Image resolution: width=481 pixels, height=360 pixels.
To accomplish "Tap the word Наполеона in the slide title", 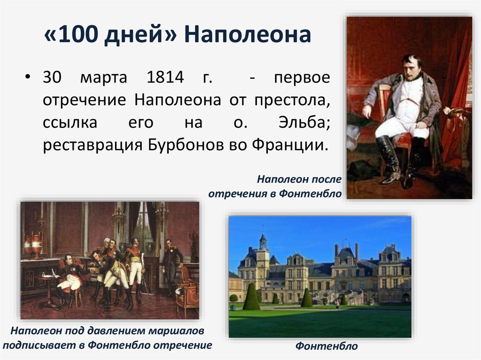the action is (248, 34).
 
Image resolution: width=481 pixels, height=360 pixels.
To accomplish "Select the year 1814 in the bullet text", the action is (165, 77).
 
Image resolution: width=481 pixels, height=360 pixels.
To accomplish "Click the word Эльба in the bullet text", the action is (304, 122).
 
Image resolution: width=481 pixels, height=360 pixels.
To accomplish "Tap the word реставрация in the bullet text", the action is (93, 146).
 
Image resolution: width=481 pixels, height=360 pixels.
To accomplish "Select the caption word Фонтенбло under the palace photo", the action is (326, 346).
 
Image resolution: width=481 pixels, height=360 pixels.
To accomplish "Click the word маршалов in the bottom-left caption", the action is (176, 331).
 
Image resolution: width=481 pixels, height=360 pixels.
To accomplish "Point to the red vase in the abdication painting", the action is (37, 245).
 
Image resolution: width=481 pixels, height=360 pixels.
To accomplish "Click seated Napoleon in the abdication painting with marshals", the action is (70, 277).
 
